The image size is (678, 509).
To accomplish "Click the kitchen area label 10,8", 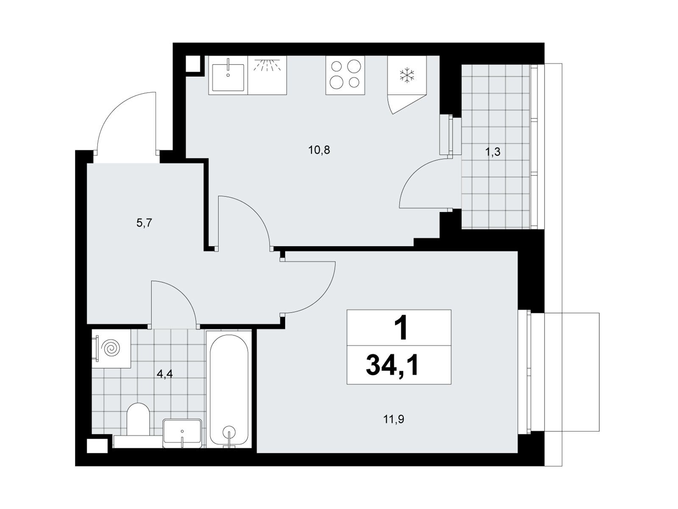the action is (319, 150).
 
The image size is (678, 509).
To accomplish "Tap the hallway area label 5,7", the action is (144, 223).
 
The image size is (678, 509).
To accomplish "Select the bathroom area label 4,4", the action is (164, 374).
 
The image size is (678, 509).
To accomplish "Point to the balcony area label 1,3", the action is (493, 152).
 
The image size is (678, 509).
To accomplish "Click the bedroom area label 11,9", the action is (394, 420).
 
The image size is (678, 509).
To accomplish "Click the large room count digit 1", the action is (401, 329).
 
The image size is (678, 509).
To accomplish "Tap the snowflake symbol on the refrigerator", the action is (407, 76).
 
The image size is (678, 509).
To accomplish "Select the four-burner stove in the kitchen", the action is (345, 75).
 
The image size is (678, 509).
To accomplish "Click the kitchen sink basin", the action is (228, 77).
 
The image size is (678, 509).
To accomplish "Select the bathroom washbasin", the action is (182, 433).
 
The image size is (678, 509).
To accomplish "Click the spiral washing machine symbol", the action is (111, 349).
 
